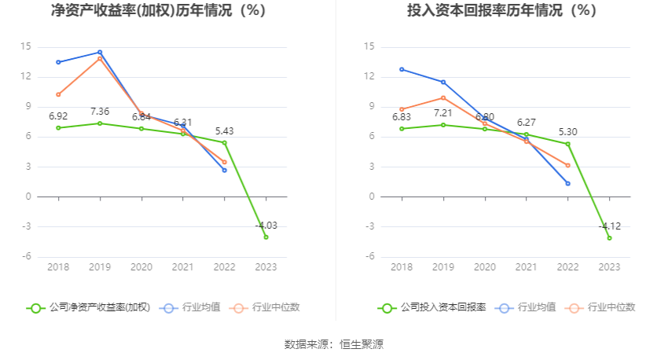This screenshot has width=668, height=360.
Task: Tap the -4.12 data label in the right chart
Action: pyautogui.click(x=609, y=226)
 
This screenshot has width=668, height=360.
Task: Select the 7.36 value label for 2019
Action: pyautogui.click(x=100, y=112)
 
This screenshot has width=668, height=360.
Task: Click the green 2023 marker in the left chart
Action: pyautogui.click(x=266, y=237)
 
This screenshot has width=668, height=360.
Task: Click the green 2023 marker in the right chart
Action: pyautogui.click(x=609, y=237)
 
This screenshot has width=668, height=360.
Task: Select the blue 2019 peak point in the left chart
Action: pyautogui.click(x=100, y=52)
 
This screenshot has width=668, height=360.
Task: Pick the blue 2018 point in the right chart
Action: pyautogui.click(x=402, y=69)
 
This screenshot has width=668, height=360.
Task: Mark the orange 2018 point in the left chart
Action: pyautogui.click(x=58, y=94)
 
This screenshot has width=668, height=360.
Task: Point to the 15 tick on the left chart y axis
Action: pyautogui.click(x=25, y=47)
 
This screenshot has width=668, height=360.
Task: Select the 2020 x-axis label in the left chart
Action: pyautogui.click(x=141, y=267)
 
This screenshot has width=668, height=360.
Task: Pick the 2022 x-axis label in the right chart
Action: pyautogui.click(x=567, y=267)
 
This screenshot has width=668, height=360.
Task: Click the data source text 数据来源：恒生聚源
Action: pyautogui.click(x=334, y=344)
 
